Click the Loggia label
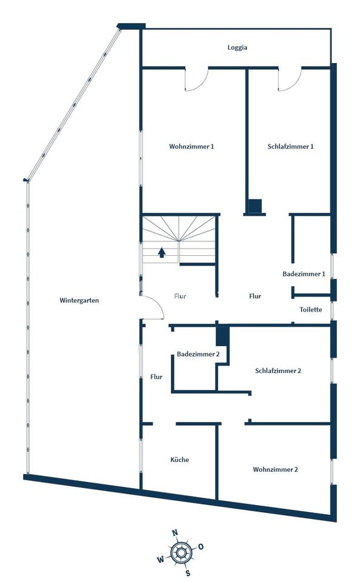point(237,48)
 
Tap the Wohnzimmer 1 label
point(192,147)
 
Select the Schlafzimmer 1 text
point(290,147)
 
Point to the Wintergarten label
point(79,301)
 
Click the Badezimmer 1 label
point(304,274)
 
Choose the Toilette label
point(311,310)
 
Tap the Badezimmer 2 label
point(198,354)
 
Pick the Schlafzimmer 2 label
point(278,371)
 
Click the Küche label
point(179,460)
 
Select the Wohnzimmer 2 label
point(275,469)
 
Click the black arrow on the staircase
point(161,253)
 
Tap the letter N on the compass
point(175,533)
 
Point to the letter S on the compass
point(188,573)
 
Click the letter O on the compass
point(201,546)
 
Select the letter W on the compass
point(161,560)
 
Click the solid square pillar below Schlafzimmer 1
point(255,206)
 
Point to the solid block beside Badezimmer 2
point(222,336)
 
